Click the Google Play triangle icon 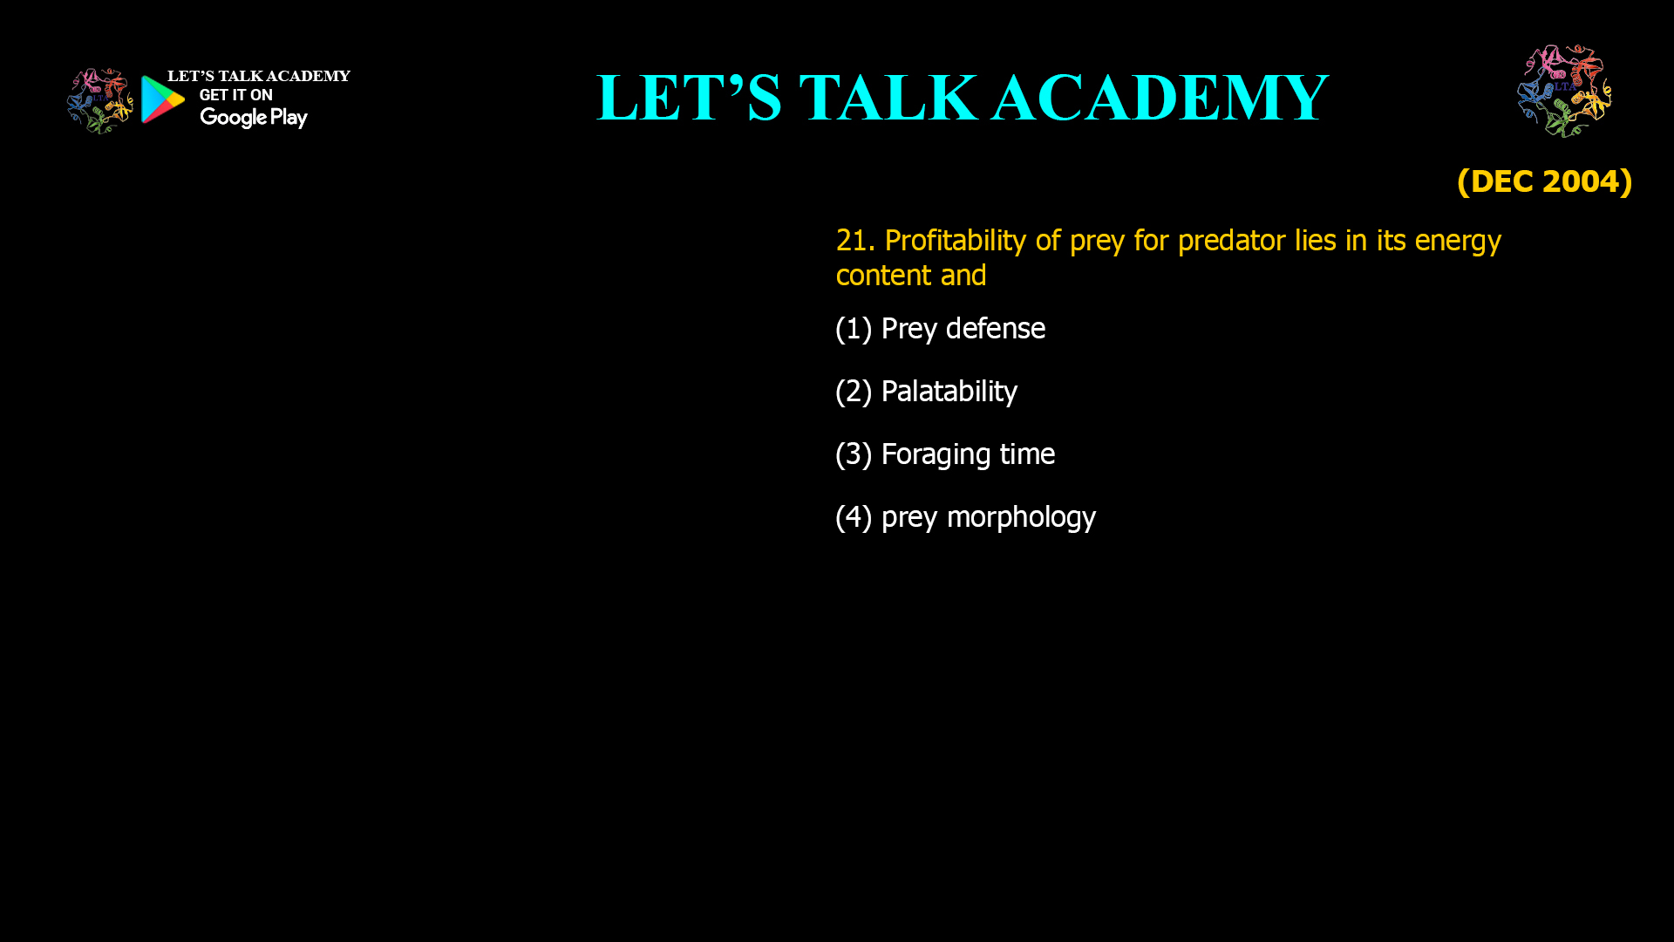(x=163, y=99)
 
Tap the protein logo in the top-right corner (x=1564, y=91)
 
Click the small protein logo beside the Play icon (x=99, y=101)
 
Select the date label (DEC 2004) (x=1544, y=181)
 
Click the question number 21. (x=854, y=241)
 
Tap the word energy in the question (x=1458, y=241)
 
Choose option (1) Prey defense (x=940, y=329)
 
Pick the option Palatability (x=949, y=392)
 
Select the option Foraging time (x=968, y=454)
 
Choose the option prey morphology (x=988, y=517)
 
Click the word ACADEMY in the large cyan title (x=1160, y=98)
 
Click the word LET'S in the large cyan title (x=689, y=98)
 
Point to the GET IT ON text (x=235, y=95)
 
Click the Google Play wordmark (x=253, y=118)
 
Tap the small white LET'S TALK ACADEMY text (x=258, y=77)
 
